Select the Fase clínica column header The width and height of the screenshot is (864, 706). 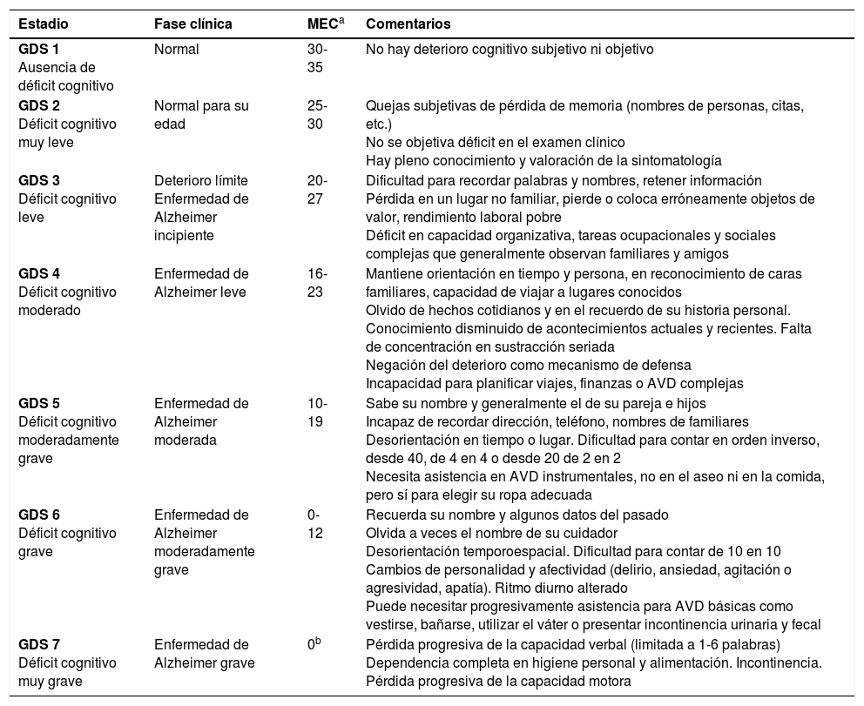click(x=193, y=24)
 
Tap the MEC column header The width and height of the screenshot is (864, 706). click(x=320, y=23)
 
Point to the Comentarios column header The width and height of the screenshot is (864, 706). click(x=408, y=24)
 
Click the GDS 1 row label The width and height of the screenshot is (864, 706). click(x=39, y=50)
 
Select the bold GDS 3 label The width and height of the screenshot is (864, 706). click(x=39, y=181)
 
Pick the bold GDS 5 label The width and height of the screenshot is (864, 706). click(x=39, y=404)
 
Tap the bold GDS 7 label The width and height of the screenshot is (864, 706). click(x=39, y=645)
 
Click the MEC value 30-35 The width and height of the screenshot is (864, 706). click(x=317, y=58)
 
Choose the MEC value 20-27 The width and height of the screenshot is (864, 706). click(x=317, y=190)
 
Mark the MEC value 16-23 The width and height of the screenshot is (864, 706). click(x=317, y=283)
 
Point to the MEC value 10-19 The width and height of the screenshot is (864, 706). click(x=317, y=413)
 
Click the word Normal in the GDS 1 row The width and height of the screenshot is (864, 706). click(x=177, y=50)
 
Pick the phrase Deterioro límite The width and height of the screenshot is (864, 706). click(x=201, y=181)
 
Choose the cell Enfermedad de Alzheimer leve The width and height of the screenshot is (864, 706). click(x=201, y=283)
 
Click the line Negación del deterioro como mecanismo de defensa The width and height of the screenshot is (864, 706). click(x=528, y=366)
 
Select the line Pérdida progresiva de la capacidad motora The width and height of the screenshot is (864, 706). click(x=498, y=682)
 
